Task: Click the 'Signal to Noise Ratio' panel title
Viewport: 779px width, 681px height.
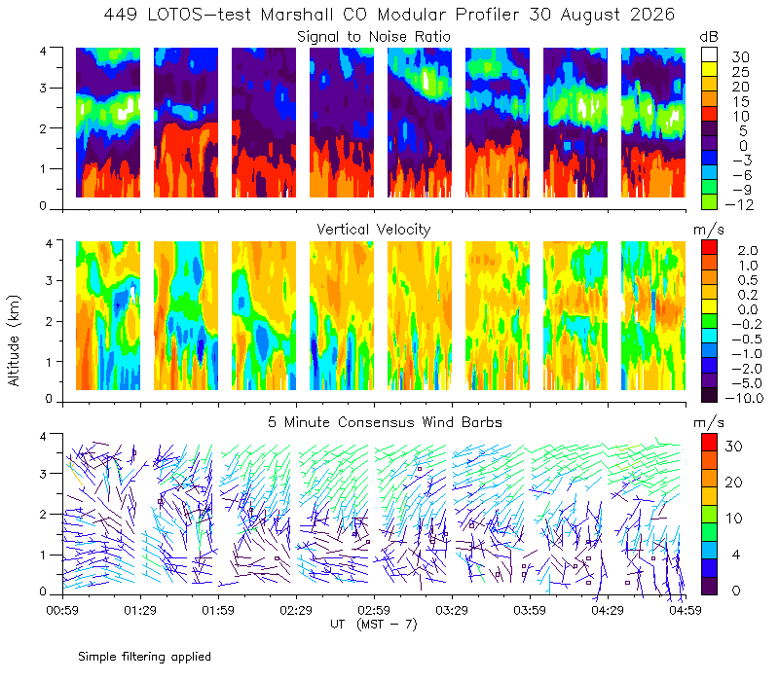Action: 374,37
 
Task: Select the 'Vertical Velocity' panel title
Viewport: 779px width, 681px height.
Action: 374,230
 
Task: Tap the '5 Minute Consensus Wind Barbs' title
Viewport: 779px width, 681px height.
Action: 385,422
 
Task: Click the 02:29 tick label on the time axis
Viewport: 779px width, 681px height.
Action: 296,610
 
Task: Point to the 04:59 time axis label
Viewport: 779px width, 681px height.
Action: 686,610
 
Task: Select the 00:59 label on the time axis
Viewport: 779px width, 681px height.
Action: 62,610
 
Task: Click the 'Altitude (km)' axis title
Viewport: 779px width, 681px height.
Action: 14,340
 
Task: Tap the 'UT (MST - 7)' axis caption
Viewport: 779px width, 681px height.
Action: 374,625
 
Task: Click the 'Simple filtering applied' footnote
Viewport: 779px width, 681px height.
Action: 144,657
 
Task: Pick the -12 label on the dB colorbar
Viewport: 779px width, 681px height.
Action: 739,205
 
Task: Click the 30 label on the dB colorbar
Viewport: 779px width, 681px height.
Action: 740,57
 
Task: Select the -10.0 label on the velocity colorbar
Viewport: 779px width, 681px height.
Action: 744,398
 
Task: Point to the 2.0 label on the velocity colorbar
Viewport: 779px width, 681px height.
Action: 748,251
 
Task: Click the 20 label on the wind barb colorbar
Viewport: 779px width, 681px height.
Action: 734,482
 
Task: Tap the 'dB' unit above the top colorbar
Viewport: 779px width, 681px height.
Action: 709,37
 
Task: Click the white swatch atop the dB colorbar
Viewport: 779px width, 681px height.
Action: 710,54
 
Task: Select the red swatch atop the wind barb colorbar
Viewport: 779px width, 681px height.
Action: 710,443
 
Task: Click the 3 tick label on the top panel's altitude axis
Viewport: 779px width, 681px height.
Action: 43,88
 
